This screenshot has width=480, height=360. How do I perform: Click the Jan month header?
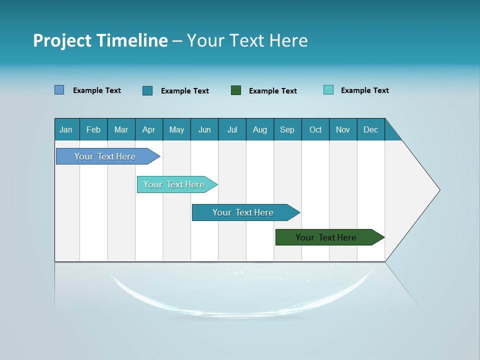tap(66, 129)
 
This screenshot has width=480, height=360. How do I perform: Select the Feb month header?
tap(93, 129)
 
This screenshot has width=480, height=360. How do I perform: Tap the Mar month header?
tap(121, 129)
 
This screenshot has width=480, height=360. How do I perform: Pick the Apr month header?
tap(149, 129)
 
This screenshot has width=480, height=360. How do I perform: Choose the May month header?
tap(176, 129)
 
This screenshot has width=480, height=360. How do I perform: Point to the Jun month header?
tap(204, 129)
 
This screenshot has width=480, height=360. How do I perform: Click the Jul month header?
tap(232, 129)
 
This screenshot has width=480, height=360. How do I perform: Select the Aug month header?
tap(260, 129)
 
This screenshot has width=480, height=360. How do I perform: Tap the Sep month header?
tap(287, 129)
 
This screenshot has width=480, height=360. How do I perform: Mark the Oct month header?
tap(315, 129)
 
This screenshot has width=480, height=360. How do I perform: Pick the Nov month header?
tap(343, 129)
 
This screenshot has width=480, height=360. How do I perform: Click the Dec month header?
tap(371, 129)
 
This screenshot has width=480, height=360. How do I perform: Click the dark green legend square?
tap(236, 90)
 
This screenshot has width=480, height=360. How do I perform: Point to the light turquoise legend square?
tap(328, 90)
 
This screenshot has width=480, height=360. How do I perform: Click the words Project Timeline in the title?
tap(100, 40)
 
